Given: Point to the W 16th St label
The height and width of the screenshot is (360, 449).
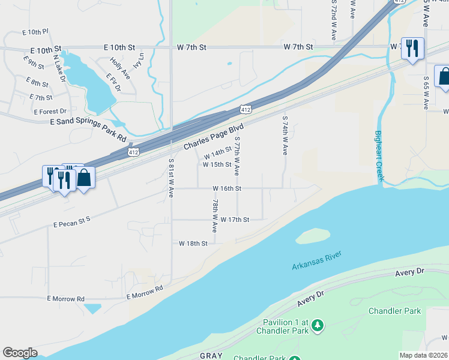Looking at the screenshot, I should tap(227, 188).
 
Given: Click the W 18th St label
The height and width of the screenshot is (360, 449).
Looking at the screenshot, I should tap(193, 244).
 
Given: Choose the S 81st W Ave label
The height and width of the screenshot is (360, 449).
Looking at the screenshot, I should tap(171, 178).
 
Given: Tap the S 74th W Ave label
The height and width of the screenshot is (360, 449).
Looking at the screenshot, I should tap(285, 136).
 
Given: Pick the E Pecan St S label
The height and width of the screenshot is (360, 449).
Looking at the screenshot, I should tap(71, 223).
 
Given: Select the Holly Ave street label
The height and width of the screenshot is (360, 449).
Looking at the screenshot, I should tap(120, 68).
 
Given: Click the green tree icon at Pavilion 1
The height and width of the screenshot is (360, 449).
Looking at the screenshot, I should tap(318, 326).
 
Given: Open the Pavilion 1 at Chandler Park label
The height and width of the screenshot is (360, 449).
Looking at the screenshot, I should tap(281, 326).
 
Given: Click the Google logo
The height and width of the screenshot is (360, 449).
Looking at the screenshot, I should tap(20, 353).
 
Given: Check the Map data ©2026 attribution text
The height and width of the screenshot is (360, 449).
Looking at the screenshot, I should tap(424, 355).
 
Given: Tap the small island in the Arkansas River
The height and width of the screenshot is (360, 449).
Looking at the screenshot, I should tap(313, 236).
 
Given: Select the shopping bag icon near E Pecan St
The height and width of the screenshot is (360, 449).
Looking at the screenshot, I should tap(85, 178).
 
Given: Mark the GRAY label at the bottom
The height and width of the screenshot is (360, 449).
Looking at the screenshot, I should tap(211, 356).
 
